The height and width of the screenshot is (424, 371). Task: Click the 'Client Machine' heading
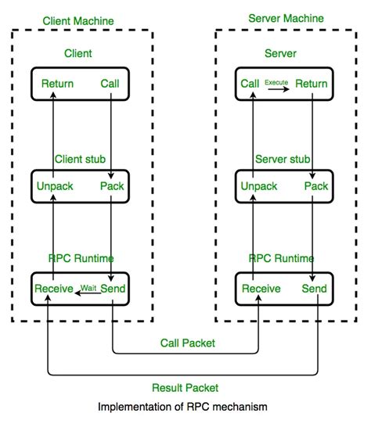click(x=78, y=20)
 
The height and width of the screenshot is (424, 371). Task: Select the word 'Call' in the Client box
click(x=110, y=83)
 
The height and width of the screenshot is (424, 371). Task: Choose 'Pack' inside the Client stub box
click(x=112, y=186)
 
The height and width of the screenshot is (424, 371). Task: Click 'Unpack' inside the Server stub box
click(x=259, y=186)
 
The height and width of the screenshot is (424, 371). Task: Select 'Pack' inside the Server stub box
click(x=316, y=186)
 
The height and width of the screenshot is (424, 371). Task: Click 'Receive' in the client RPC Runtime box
click(x=53, y=289)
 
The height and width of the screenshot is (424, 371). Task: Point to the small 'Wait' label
click(x=88, y=287)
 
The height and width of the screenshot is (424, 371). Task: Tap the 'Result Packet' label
click(x=185, y=387)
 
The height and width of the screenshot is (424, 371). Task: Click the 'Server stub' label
click(x=283, y=158)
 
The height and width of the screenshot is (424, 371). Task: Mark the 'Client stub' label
click(x=79, y=158)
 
